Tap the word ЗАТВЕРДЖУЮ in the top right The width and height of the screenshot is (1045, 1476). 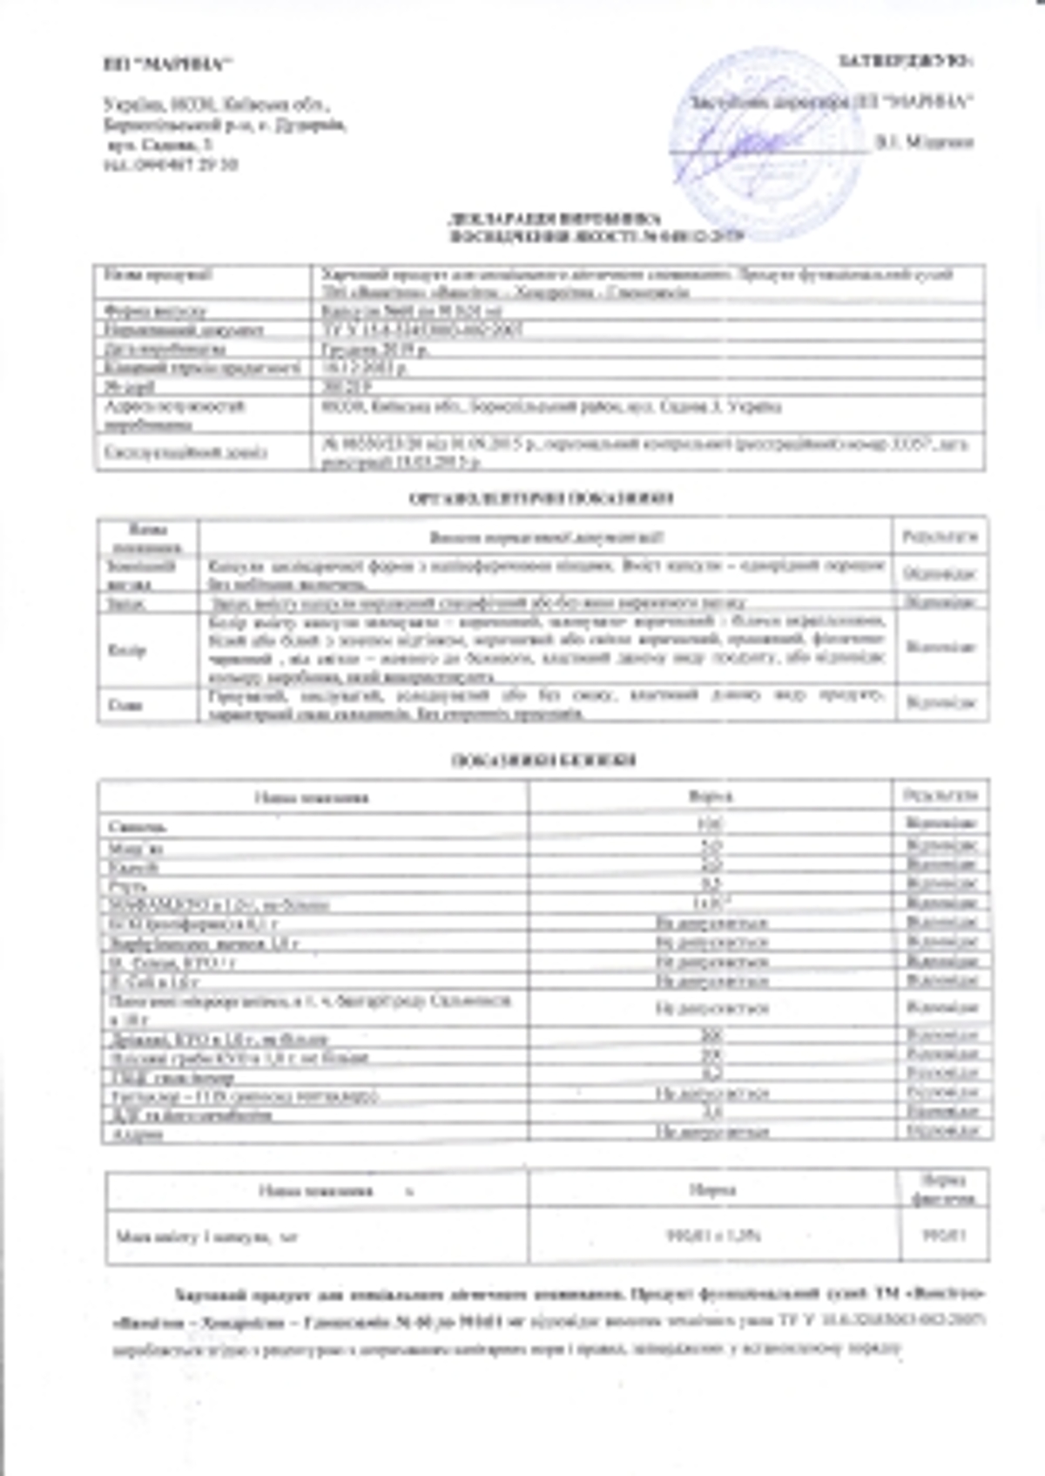[906, 61]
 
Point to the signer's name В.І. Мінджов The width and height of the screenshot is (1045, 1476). [924, 141]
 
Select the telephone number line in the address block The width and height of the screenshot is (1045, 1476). [170, 164]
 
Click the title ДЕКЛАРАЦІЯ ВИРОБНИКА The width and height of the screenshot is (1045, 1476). [554, 219]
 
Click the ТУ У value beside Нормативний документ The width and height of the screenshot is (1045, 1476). [422, 329]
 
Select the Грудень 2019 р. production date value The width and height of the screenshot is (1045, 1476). [374, 349]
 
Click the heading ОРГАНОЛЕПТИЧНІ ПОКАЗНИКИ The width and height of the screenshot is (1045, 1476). [541, 498]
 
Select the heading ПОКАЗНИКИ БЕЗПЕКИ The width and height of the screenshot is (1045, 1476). [543, 760]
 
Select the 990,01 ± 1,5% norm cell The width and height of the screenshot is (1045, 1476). [712, 1235]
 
